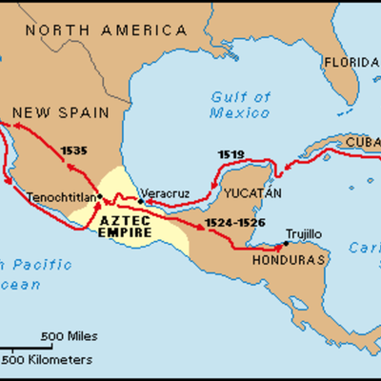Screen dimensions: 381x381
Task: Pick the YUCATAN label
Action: (252, 193)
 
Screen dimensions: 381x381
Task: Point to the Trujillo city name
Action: (306, 231)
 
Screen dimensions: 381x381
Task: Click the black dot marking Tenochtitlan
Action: (99, 196)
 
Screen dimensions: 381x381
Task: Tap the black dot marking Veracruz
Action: (140, 200)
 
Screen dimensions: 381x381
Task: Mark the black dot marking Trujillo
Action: (284, 241)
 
